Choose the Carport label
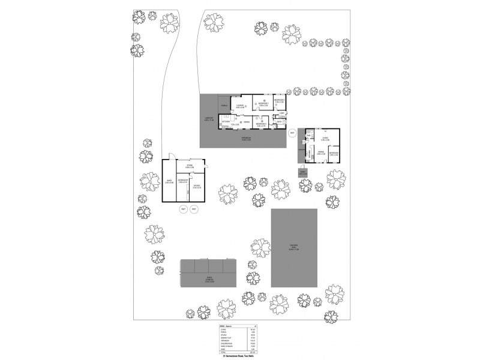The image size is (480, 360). [x=209, y=118]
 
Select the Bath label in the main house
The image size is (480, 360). [x=280, y=121]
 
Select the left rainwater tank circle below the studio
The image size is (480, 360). [x=184, y=209]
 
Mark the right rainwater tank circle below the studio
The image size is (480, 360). [x=193, y=209]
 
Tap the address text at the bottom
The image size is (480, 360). [x=239, y=356]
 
